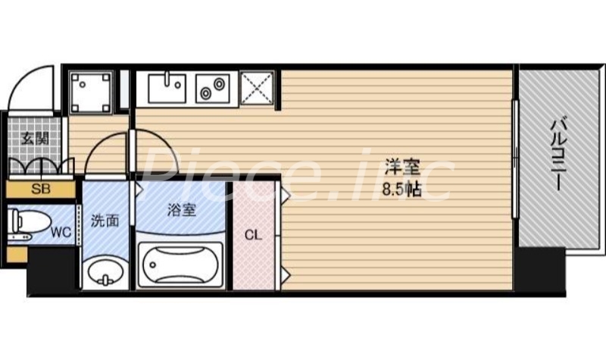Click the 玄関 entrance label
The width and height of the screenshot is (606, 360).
click(x=35, y=139)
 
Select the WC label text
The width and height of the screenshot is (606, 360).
click(x=61, y=232)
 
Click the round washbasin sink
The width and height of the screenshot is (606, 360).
click(x=105, y=272)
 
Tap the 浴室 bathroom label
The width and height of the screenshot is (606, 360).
click(x=181, y=210)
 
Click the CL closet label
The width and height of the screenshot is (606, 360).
click(x=254, y=235)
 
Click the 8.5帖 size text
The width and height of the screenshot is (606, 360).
click(x=402, y=190)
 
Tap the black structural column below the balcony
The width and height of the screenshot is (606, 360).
click(x=542, y=274)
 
